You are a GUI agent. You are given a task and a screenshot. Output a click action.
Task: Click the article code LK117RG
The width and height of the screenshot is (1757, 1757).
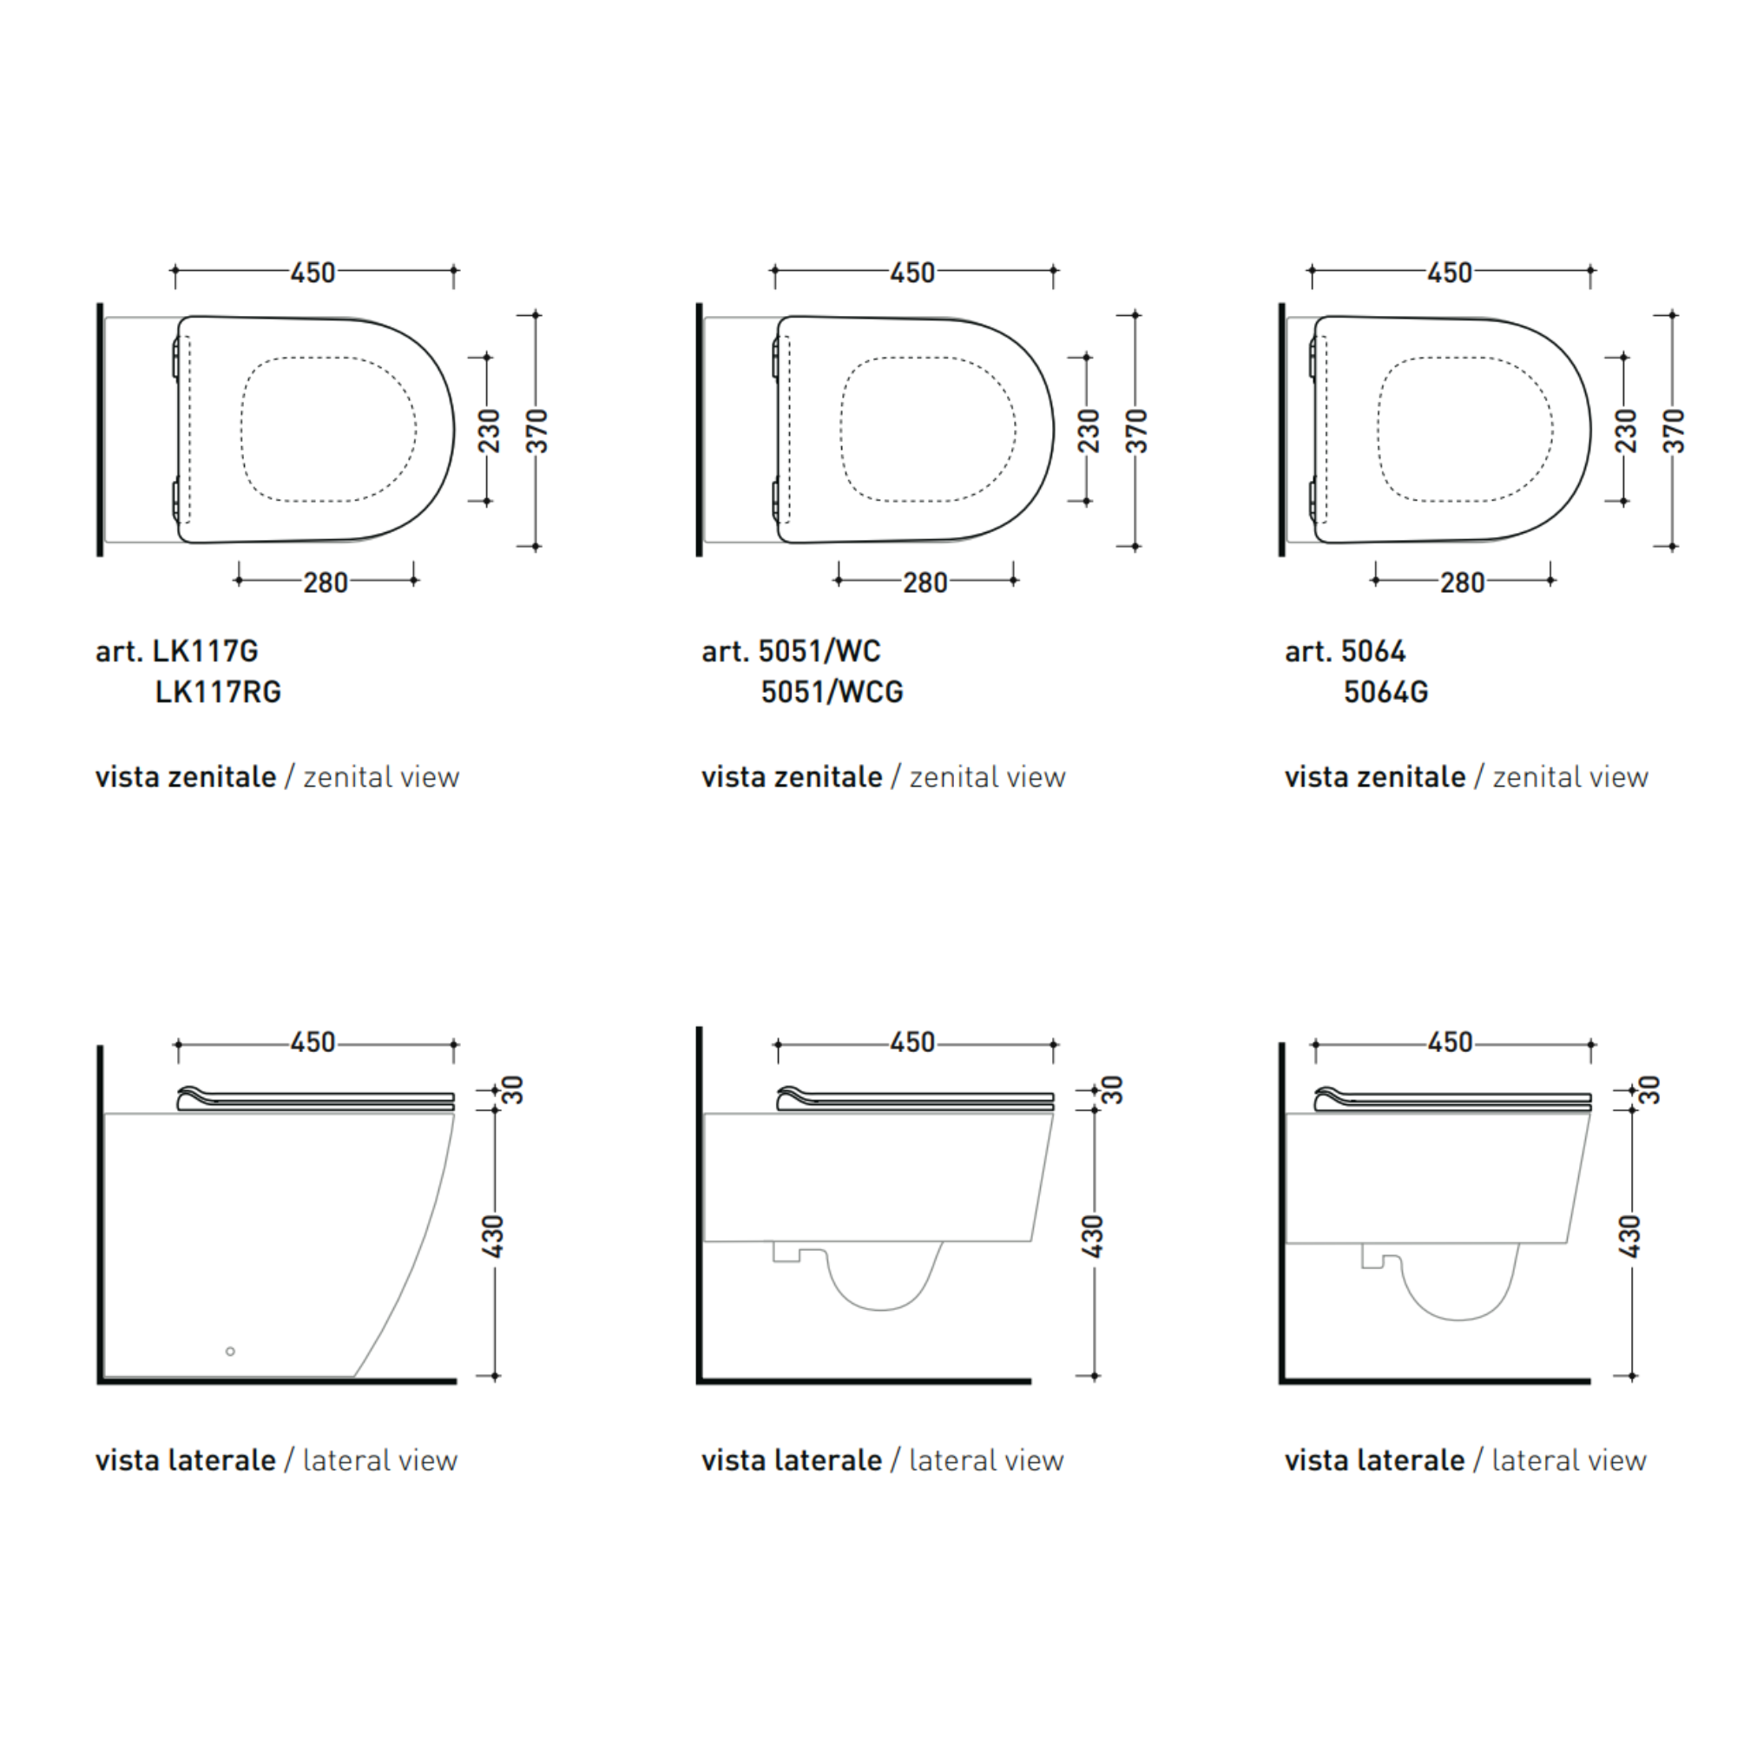pos(218,692)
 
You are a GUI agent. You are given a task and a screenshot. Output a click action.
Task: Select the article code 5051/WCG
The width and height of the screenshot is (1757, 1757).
pos(832,692)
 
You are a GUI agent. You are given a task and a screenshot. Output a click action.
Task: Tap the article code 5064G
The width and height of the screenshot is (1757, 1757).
pos(1386,692)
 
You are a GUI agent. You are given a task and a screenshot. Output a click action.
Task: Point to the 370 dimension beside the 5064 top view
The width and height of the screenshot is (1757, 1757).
pos(1674,431)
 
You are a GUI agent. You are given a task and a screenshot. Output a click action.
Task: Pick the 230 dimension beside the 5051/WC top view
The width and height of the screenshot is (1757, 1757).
pos(1088,431)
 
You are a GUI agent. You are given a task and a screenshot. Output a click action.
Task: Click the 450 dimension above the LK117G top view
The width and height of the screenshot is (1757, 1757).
pos(313,273)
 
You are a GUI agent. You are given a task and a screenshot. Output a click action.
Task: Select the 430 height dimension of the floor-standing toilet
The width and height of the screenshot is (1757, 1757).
pos(492,1236)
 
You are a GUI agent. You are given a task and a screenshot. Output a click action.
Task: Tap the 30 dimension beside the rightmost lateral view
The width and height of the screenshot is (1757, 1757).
pos(1648,1089)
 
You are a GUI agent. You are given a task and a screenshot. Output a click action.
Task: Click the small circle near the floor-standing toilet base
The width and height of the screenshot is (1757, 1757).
pos(230,1352)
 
